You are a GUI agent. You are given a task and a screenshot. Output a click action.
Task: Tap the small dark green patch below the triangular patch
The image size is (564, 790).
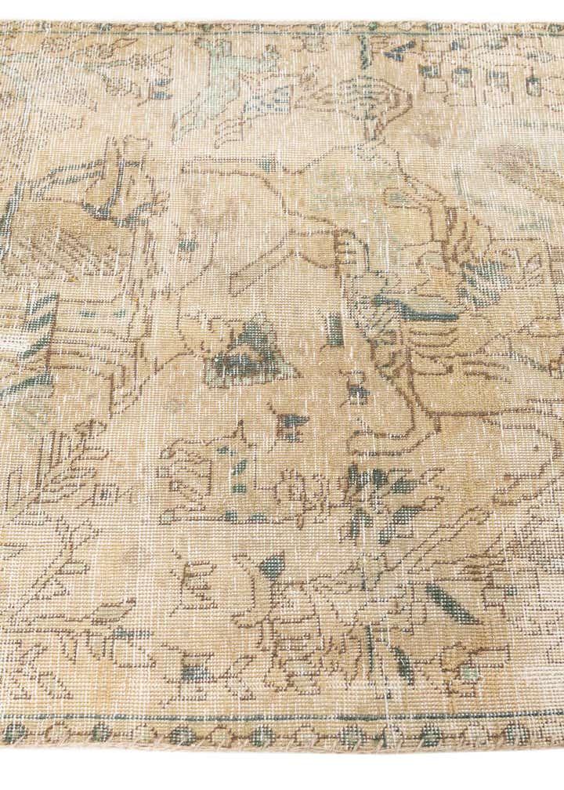pyautogui.click(x=291, y=424)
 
